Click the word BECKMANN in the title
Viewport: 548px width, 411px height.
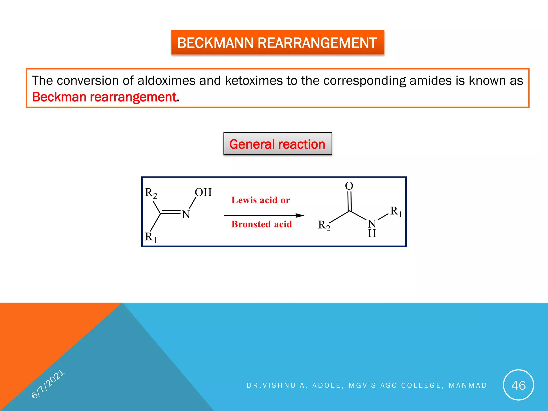[215, 43]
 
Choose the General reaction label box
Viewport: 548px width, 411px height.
[277, 144]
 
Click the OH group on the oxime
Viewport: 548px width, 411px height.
[203, 192]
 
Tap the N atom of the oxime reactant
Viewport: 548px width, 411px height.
[186, 214]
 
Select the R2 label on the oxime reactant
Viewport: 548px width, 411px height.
[151, 193]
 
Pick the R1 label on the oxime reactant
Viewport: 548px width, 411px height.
[151, 237]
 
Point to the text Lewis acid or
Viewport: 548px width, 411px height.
[261, 200]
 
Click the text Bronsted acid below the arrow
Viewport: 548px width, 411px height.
[261, 224]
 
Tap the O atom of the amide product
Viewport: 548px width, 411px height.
[349, 186]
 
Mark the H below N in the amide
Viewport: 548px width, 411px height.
[372, 234]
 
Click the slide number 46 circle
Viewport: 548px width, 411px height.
[518, 385]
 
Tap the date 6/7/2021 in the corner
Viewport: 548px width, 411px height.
[48, 384]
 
